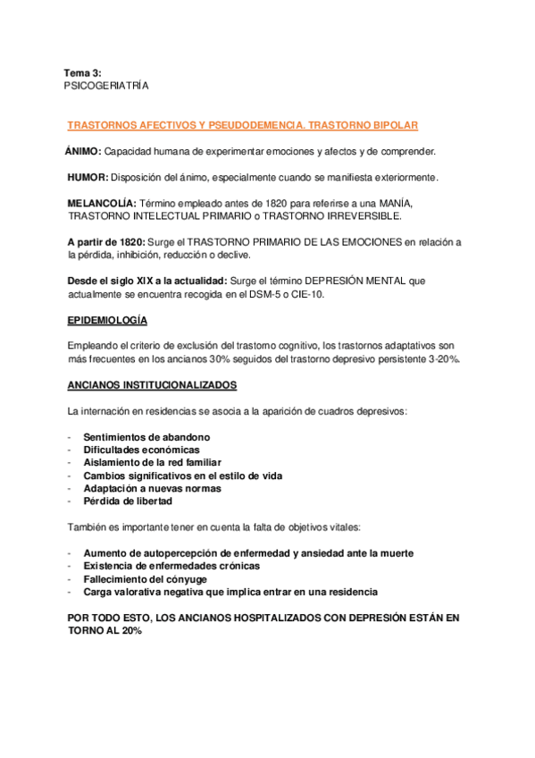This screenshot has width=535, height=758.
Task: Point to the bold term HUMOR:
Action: point(88,177)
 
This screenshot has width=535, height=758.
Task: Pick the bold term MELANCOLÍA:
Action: point(102,203)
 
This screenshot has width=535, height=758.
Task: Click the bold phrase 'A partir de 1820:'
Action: point(105,242)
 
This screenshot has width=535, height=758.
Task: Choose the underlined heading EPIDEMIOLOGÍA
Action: point(108,320)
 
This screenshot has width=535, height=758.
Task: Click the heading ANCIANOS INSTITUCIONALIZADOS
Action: point(152,385)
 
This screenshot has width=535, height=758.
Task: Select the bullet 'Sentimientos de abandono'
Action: point(147,437)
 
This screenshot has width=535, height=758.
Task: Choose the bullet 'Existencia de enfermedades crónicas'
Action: point(171,566)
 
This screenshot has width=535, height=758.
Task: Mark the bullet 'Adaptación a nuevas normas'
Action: point(152,489)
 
